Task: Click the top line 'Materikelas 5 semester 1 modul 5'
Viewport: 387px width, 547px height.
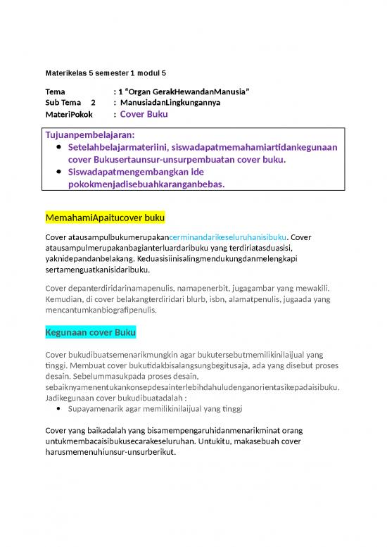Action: (x=106, y=73)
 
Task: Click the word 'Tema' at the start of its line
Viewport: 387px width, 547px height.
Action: (x=54, y=92)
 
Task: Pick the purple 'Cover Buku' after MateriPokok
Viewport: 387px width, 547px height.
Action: (x=144, y=114)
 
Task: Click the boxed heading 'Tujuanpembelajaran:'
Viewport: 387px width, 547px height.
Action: (x=90, y=134)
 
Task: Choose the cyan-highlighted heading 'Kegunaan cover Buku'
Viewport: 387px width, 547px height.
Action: (x=91, y=332)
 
